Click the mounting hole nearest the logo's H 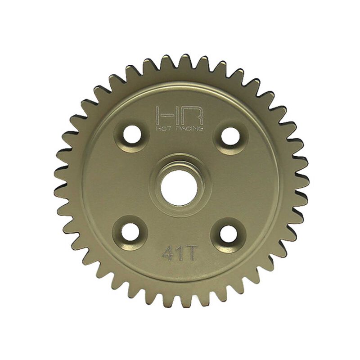click(x=131, y=136)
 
